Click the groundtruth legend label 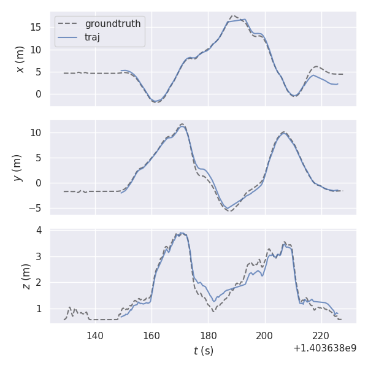pos(113,24)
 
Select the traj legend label pos(93,37)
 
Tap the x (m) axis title pos(21,59)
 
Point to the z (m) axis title pos(26,277)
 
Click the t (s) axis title pos(203,351)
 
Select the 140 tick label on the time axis pos(95,335)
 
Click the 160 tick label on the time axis pos(151,335)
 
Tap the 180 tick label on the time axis pos(209,335)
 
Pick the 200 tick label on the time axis pos(265,335)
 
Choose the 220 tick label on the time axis pos(321,335)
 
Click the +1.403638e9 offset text pos(324,348)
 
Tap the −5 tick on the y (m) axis pos(37,208)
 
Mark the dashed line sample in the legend pos(68,24)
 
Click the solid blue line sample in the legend pos(68,37)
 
